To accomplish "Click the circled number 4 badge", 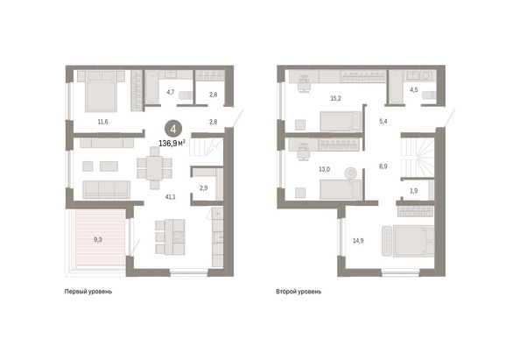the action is tap(173, 129).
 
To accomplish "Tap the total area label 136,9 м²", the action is tap(172, 144).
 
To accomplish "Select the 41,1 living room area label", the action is tap(171, 197).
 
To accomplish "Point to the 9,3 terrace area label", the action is tap(98, 239).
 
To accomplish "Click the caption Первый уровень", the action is tap(88, 292).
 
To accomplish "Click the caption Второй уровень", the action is tap(299, 292).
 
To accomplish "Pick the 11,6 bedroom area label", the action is tap(102, 122).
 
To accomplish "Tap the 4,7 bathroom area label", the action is tap(170, 92).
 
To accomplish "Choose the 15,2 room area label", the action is tap(335, 99).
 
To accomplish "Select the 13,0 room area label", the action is tap(324, 169).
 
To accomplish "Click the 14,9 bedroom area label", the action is tap(358, 241).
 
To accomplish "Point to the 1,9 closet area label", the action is tap(413, 191).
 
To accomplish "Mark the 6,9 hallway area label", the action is tap(383, 166).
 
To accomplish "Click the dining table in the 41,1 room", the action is tap(154, 168).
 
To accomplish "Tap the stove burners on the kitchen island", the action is tap(179, 236).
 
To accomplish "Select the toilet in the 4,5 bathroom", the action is tap(429, 95).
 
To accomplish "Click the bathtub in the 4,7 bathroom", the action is tap(152, 87).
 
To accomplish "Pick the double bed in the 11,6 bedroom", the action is tap(102, 91).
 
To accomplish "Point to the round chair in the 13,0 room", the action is tap(350, 173).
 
